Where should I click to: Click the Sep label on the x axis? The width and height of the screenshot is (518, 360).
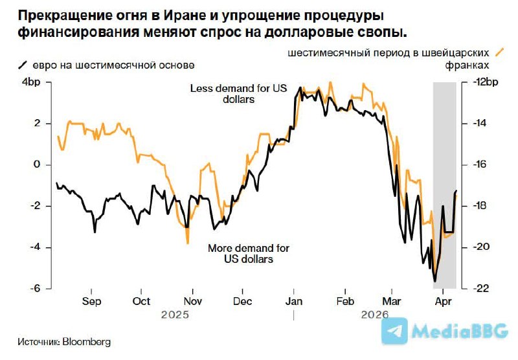(92, 302)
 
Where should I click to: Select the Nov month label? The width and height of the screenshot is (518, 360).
(192, 302)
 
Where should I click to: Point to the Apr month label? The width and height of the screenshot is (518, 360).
(443, 302)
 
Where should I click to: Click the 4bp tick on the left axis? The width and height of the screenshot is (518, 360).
(32, 82)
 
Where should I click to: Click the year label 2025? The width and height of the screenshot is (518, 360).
(175, 315)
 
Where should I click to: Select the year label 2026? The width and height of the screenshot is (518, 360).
(374, 315)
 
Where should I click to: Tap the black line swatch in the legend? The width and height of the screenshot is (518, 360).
(23, 64)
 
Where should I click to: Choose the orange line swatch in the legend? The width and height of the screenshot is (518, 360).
(499, 52)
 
